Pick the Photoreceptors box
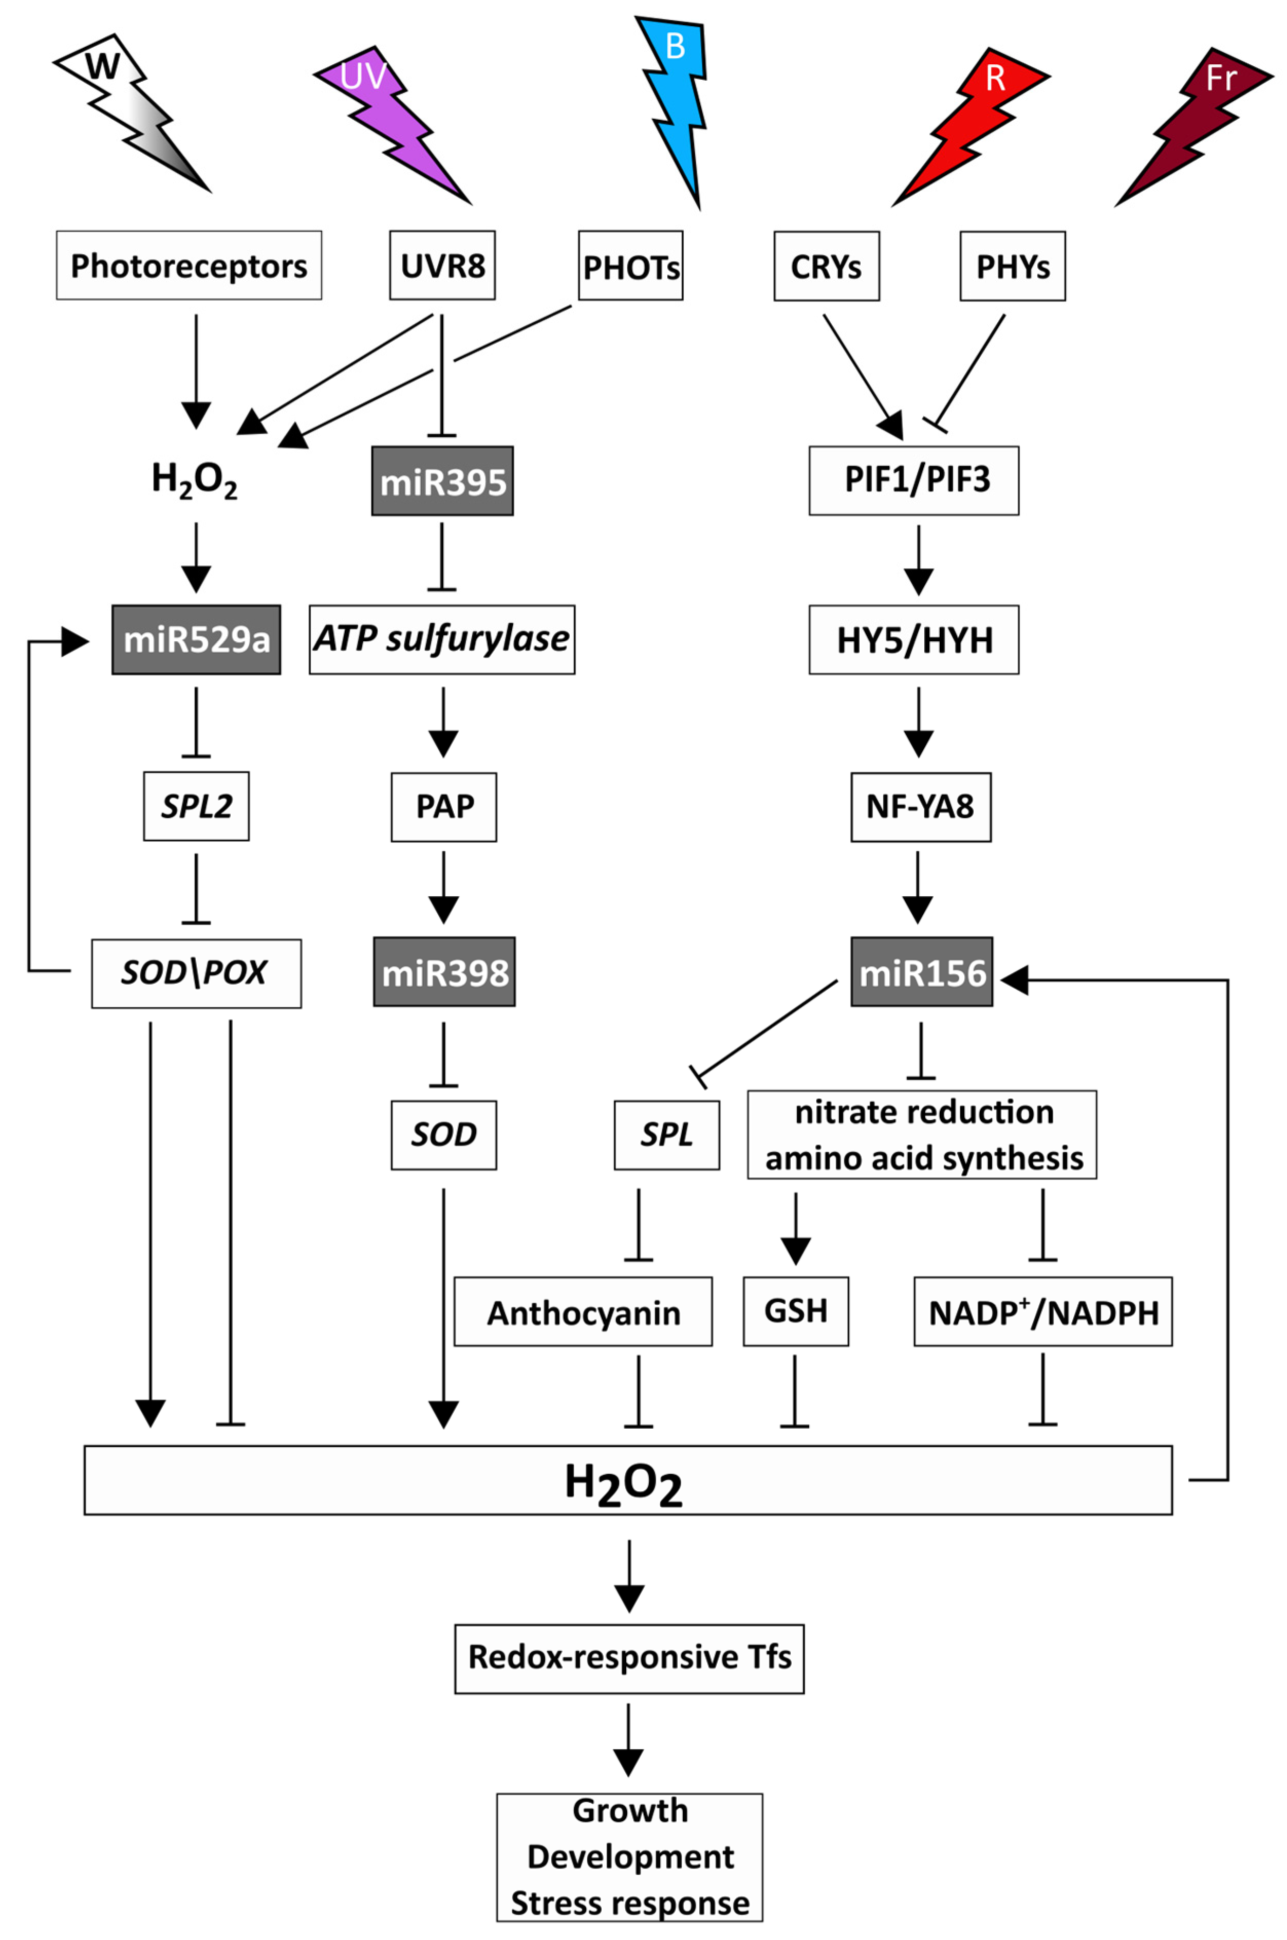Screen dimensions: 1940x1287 pos(189,265)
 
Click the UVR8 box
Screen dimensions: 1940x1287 pos(442,265)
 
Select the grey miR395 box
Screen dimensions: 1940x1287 pos(442,481)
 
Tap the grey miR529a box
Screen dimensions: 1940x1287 pos(196,639)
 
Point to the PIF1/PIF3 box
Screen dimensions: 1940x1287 pos(913,481)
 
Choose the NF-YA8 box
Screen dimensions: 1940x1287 pos(920,806)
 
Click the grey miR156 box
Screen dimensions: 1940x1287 pos(921,972)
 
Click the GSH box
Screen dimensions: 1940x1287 pos(795,1310)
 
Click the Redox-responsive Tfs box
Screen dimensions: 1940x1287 pos(629,1657)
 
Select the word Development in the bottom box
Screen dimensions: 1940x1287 pos(629,1856)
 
